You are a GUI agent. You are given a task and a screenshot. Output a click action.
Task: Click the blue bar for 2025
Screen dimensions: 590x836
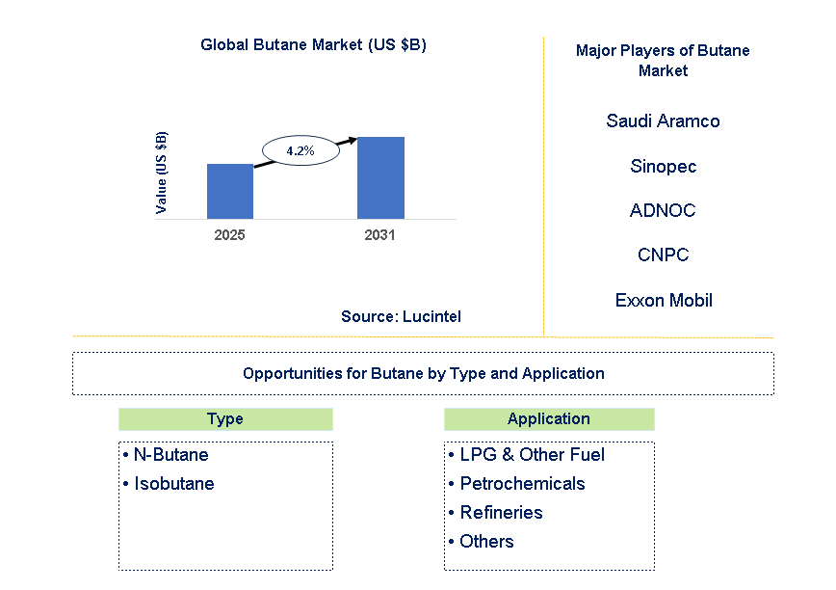click(230, 191)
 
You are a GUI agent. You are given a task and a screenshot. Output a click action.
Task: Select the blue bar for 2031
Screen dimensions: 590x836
click(380, 177)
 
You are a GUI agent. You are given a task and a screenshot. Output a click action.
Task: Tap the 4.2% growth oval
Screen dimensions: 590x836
click(300, 151)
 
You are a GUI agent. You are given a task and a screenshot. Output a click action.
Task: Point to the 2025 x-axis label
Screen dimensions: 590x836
click(230, 234)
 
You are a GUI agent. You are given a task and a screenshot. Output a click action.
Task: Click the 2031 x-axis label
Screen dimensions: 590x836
click(379, 234)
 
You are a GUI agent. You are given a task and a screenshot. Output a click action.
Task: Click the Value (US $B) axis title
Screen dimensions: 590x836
click(161, 172)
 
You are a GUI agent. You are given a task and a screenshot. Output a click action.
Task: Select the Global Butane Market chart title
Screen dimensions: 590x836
click(313, 44)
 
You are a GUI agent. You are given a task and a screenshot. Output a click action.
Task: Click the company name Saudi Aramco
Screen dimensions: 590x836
click(663, 121)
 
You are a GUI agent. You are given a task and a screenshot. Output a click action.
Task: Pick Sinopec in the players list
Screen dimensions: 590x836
click(663, 166)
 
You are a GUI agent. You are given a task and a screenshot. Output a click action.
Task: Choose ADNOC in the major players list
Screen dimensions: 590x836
click(663, 210)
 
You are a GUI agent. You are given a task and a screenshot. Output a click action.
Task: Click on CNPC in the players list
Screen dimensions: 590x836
click(663, 255)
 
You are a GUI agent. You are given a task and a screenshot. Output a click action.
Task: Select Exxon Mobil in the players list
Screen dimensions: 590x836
click(664, 300)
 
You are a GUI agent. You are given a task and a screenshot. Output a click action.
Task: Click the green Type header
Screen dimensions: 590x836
click(225, 418)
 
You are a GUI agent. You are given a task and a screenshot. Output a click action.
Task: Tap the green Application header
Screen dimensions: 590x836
click(549, 418)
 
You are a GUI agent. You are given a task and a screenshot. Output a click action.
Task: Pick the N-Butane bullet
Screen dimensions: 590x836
click(166, 454)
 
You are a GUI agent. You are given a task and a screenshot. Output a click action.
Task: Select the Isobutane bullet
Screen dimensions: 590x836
click(169, 483)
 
